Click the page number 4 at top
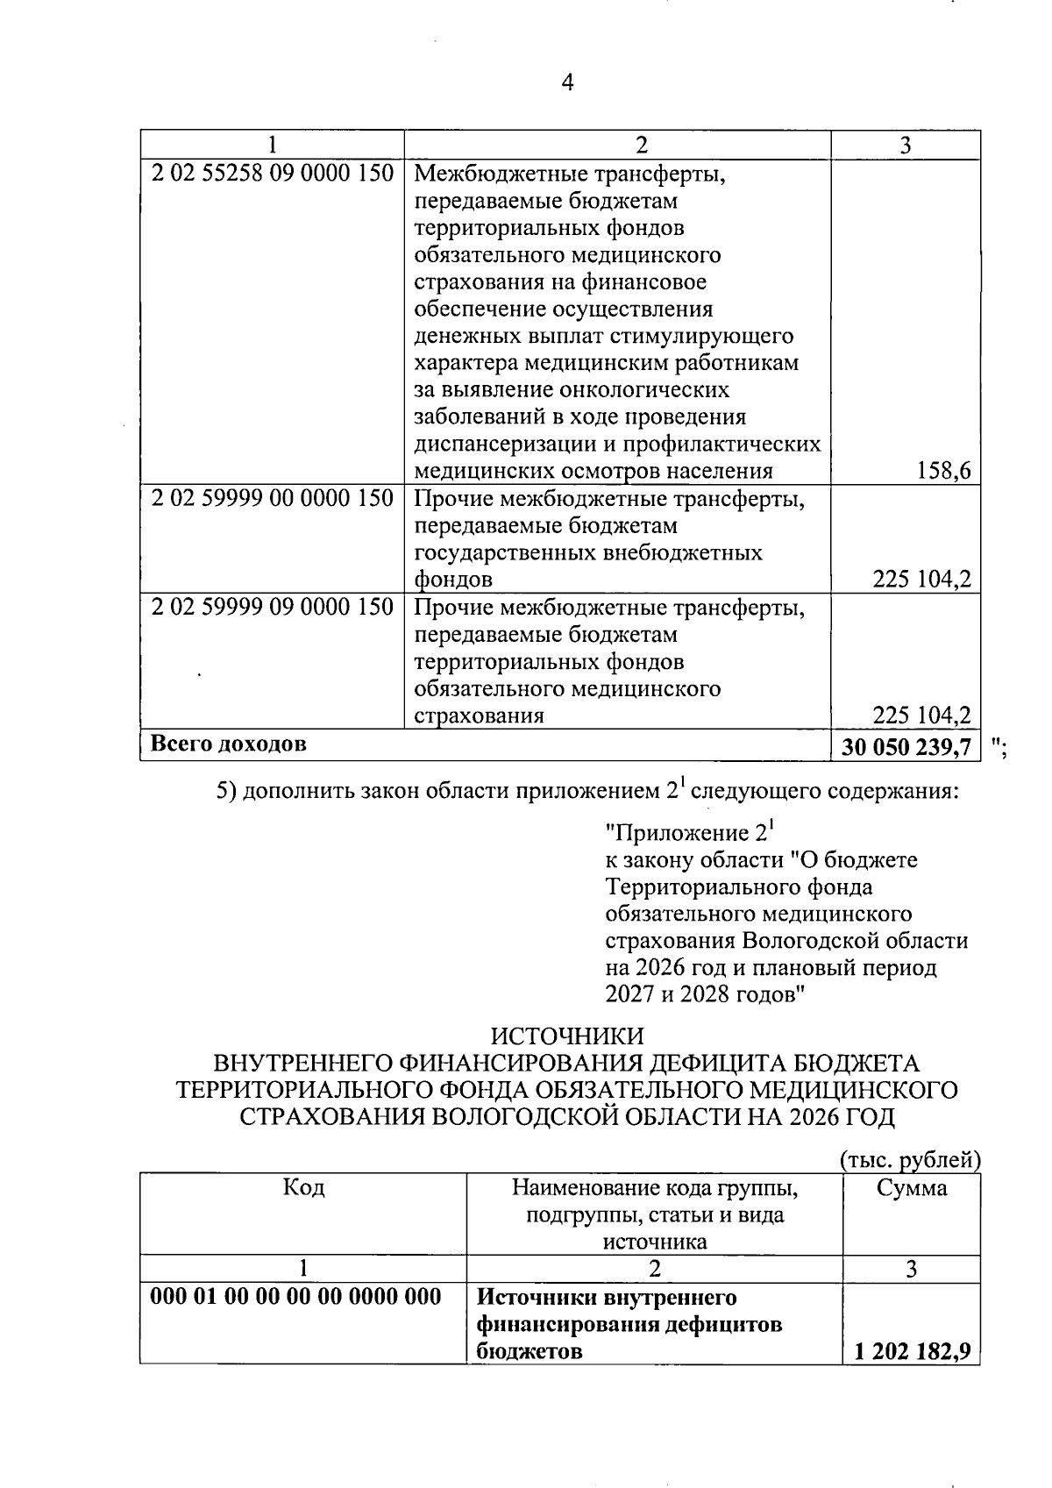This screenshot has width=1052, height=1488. click(x=567, y=83)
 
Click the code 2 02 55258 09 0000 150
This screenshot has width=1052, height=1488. click(x=272, y=173)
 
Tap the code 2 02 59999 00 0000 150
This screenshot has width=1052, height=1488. click(x=272, y=499)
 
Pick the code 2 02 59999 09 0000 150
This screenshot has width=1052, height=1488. click(x=272, y=607)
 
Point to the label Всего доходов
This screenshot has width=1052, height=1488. click(x=229, y=744)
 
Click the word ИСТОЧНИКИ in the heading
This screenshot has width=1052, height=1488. click(x=567, y=1036)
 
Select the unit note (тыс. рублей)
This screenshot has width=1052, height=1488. click(x=909, y=1159)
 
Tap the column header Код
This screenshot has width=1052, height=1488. click(x=303, y=1187)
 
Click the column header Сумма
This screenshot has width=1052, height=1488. click(x=912, y=1188)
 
